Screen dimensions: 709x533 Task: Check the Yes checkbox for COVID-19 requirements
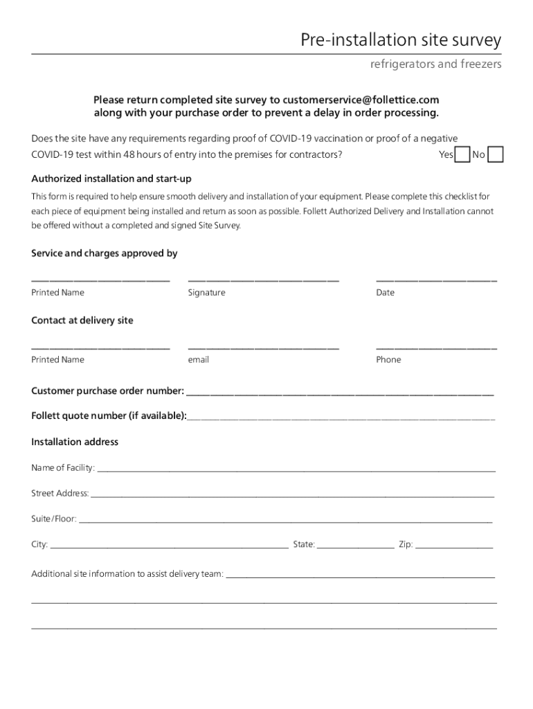click(x=462, y=154)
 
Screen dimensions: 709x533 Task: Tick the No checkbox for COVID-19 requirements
click(x=495, y=154)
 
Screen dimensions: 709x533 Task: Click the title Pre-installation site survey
click(x=401, y=41)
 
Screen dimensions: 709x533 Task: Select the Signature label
click(x=206, y=293)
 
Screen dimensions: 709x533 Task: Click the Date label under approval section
click(x=386, y=293)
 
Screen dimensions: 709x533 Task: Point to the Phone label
click(x=388, y=360)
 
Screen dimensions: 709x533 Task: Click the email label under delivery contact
click(x=198, y=360)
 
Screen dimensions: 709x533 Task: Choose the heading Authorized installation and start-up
click(x=111, y=179)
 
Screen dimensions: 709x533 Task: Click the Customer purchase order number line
click(x=339, y=393)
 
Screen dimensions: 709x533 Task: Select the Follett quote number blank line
click(x=341, y=418)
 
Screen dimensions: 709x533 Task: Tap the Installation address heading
click(x=75, y=442)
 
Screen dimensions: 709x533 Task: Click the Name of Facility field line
click(x=296, y=469)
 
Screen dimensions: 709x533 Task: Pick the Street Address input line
click(x=292, y=495)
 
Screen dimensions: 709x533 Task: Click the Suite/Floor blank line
click(x=285, y=521)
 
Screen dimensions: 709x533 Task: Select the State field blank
click(x=356, y=546)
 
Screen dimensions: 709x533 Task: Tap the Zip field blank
click(x=454, y=546)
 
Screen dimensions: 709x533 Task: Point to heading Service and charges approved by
click(x=105, y=253)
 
